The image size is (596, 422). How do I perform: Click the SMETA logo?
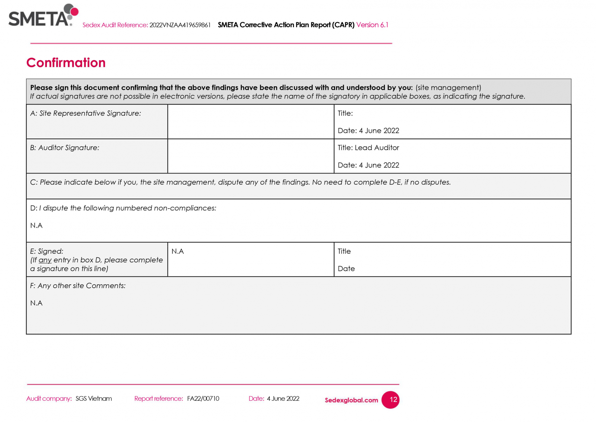point(43,16)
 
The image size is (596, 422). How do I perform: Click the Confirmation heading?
point(66,63)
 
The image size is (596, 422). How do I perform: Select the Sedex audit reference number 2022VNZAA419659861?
point(180,25)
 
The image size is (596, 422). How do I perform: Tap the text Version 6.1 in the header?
point(372,25)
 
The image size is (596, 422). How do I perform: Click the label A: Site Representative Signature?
point(86,113)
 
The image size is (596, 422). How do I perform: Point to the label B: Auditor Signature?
point(65,148)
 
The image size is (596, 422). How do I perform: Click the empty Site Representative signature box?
point(251,122)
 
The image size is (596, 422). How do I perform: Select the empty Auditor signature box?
point(251,156)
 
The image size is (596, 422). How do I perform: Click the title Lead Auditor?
point(377,148)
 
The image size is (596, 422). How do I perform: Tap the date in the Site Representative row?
point(379,131)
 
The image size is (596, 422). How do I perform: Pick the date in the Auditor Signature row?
point(379,165)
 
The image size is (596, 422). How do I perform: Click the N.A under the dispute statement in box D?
point(37,225)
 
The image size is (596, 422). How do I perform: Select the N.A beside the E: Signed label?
point(178,251)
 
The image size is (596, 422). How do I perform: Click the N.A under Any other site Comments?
point(37,303)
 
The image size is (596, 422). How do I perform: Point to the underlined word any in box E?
point(45,260)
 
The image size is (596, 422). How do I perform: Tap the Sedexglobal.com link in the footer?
point(351,400)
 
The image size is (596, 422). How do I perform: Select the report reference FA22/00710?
point(203,398)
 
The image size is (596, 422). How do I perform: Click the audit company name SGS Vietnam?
point(93,398)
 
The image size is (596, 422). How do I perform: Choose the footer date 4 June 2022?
point(283,398)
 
